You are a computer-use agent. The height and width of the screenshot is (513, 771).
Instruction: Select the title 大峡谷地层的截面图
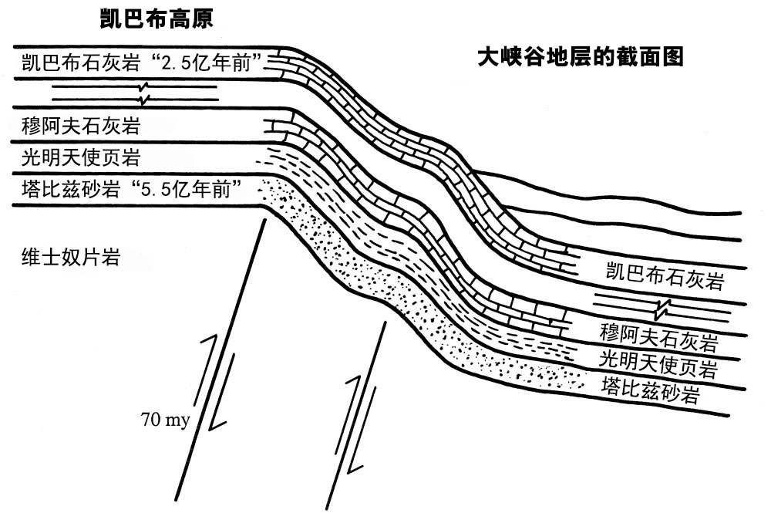581,57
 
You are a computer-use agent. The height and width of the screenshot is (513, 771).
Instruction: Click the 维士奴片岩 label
70,258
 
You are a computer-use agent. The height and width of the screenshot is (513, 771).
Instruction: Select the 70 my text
170,420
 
